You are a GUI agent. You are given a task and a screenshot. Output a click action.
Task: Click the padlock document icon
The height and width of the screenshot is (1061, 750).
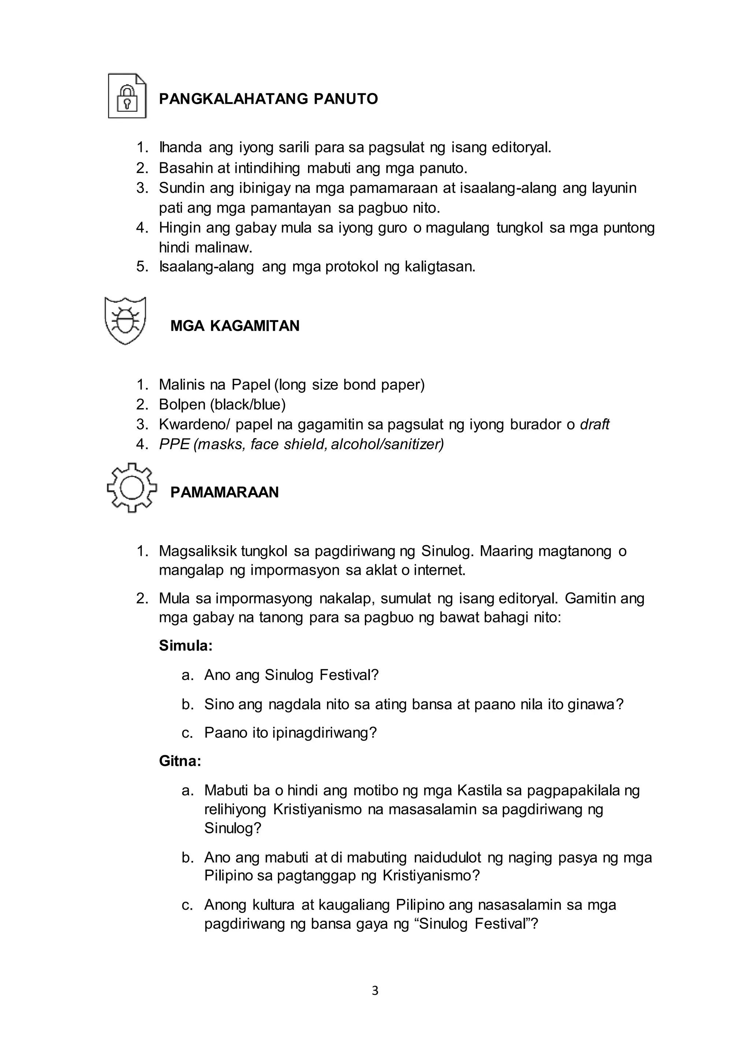coord(127,96)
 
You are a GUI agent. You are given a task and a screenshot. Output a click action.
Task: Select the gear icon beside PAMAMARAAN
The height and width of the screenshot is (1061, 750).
coord(131,488)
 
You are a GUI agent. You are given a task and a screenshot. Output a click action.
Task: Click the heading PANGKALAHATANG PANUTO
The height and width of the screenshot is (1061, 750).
coord(268,99)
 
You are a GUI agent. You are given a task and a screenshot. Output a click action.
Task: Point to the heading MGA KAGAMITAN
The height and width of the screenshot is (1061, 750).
coord(235,326)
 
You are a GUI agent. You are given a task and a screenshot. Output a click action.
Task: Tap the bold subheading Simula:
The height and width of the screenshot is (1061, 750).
coord(186,646)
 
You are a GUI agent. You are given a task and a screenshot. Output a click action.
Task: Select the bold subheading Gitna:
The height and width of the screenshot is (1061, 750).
coord(180,761)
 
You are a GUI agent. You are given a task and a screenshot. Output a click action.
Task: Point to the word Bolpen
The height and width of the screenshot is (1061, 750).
coord(182,404)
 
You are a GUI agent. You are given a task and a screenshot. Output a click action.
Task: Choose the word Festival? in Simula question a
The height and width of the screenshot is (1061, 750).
coord(349,675)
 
